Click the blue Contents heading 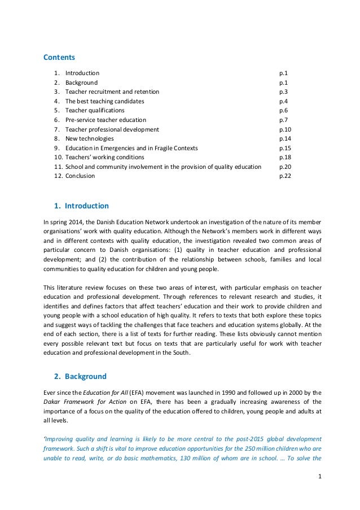[59, 57]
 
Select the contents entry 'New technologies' [89, 138]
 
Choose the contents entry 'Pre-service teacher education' [106, 120]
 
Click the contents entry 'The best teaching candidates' [104, 101]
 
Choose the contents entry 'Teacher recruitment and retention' [112, 92]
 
